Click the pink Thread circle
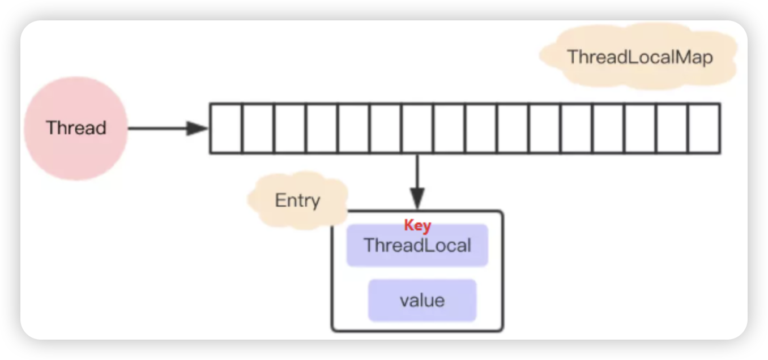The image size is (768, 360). pyautogui.click(x=76, y=128)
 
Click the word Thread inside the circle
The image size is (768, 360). pyautogui.click(x=76, y=128)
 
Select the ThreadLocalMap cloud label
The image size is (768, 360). pyautogui.click(x=639, y=57)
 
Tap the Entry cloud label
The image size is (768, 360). pyautogui.click(x=297, y=200)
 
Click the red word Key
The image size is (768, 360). pyautogui.click(x=417, y=225)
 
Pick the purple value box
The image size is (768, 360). pyautogui.click(x=422, y=300)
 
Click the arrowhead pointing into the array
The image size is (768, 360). pyautogui.click(x=198, y=128)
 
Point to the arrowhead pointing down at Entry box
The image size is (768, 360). pyautogui.click(x=417, y=199)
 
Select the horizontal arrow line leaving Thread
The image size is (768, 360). pyautogui.click(x=159, y=128)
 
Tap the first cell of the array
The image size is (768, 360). pyautogui.click(x=226, y=128)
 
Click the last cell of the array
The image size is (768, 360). pyautogui.click(x=704, y=128)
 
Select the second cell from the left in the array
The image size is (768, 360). pyautogui.click(x=258, y=128)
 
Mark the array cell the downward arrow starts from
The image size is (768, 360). pyautogui.click(x=417, y=128)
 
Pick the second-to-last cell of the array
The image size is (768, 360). pyautogui.click(x=672, y=128)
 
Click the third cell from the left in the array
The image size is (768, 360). pyautogui.click(x=290, y=128)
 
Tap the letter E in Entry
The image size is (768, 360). pyautogui.click(x=279, y=200)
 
